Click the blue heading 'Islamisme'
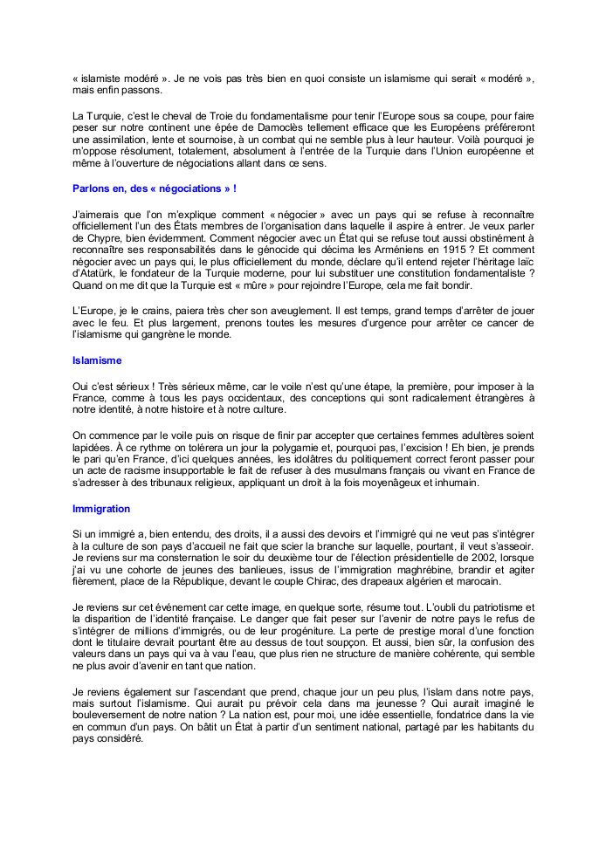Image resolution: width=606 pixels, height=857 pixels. click(x=98, y=359)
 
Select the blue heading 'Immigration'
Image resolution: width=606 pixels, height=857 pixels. click(x=101, y=508)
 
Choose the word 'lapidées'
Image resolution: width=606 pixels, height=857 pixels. click(x=93, y=446)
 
